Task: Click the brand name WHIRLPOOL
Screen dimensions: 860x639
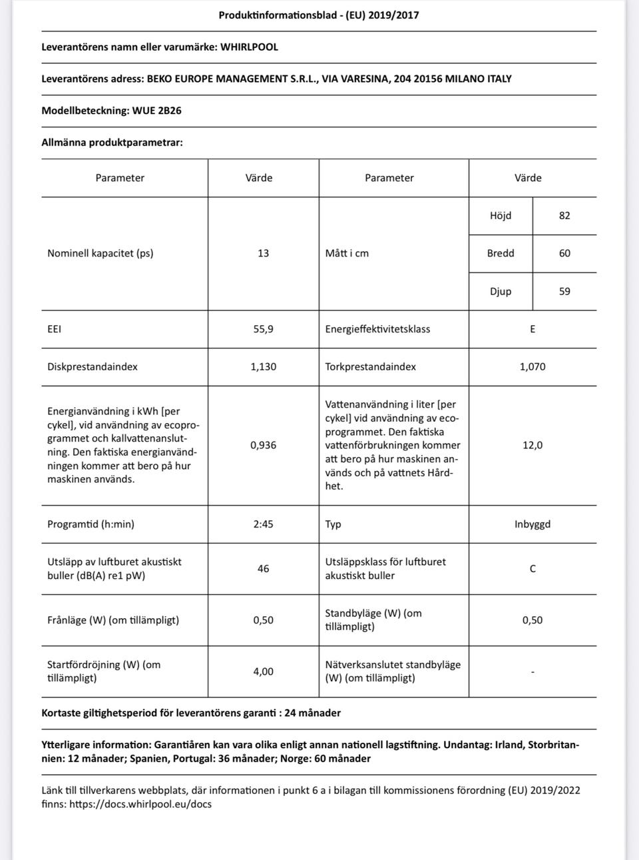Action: (249, 47)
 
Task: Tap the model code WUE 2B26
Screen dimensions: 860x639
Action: (156, 111)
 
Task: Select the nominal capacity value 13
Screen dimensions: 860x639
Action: (263, 253)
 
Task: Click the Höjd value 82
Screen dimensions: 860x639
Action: (564, 216)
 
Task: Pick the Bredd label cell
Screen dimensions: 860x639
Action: (501, 253)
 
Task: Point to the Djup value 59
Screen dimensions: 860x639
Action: (564, 291)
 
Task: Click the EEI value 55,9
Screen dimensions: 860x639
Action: (263, 329)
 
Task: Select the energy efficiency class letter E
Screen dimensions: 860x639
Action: (532, 329)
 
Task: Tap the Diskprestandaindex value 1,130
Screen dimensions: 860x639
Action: (263, 367)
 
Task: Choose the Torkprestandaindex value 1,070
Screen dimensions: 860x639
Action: (532, 367)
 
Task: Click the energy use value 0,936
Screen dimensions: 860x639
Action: (263, 445)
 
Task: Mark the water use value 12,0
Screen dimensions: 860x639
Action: (532, 445)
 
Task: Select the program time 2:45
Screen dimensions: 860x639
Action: (263, 524)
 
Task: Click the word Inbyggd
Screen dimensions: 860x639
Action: (532, 524)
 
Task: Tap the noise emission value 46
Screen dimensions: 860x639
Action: (263, 569)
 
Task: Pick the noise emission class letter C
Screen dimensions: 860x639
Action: (532, 569)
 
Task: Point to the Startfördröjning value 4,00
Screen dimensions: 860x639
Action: (263, 671)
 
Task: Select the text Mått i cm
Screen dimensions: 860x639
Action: (347, 253)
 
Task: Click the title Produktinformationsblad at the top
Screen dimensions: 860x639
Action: (280, 15)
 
